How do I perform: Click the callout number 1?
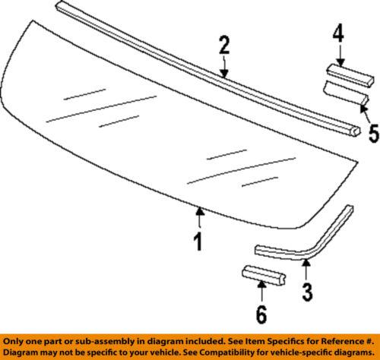(x=198, y=244)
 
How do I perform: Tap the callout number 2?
(x=223, y=45)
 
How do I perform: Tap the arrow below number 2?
(x=223, y=68)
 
